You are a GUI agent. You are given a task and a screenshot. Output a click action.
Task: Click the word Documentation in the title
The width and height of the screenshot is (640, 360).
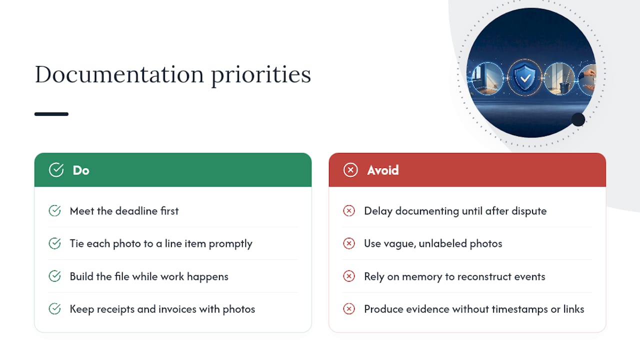(x=119, y=74)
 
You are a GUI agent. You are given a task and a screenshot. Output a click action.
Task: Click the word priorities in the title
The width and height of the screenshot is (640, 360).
(x=261, y=75)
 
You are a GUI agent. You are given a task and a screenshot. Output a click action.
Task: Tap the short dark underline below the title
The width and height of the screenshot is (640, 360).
(x=51, y=114)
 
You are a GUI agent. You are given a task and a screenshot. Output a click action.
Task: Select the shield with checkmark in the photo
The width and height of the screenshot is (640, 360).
(x=525, y=77)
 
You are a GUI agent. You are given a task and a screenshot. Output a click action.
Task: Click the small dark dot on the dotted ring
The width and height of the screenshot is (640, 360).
(x=578, y=119)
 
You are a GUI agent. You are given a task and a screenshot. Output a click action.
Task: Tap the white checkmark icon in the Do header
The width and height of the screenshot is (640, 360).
(x=56, y=170)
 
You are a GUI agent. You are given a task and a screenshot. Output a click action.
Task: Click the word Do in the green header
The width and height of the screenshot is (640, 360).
(x=81, y=170)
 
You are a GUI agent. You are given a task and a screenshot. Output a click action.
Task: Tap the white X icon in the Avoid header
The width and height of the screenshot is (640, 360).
(x=350, y=170)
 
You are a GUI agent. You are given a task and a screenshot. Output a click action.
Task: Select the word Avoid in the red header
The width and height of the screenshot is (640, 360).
(x=383, y=170)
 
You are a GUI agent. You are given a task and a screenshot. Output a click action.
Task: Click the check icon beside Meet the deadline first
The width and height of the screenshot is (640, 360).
(x=54, y=211)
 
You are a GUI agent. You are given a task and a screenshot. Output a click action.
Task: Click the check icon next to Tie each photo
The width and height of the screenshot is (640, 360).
(x=54, y=243)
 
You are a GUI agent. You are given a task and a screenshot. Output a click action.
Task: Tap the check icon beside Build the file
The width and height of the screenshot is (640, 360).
(x=54, y=276)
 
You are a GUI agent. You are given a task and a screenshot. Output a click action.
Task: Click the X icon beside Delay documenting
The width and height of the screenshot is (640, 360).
(x=349, y=211)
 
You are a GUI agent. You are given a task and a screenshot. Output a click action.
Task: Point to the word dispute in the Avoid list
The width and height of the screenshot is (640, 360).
(x=529, y=211)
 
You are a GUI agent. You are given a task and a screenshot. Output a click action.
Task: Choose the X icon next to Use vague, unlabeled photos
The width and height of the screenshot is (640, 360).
(x=349, y=243)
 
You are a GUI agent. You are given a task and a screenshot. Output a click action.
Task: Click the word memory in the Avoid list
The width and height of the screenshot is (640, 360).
(x=422, y=277)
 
